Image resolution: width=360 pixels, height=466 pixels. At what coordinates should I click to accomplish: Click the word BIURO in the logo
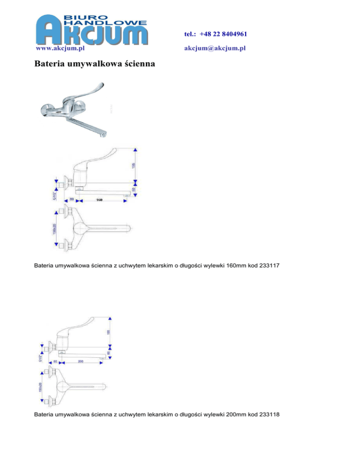tap(80, 15)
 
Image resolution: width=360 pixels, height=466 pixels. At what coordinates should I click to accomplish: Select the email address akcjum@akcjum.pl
tap(215, 48)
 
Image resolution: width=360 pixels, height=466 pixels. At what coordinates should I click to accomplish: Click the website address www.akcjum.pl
tap(60, 48)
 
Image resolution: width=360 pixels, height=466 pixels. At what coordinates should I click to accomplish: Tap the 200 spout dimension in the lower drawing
tap(80, 362)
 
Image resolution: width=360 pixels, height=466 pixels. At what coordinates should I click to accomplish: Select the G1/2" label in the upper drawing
tap(54, 194)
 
